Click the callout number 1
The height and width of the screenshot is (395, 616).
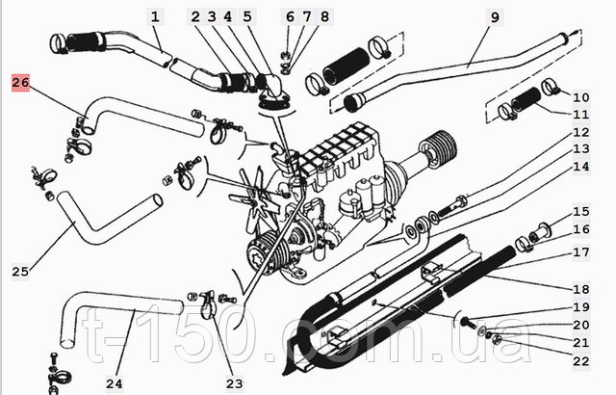(157, 16)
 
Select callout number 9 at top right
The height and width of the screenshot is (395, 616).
(495, 16)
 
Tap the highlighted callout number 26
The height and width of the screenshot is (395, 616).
(21, 84)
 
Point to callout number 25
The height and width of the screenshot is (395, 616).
(20, 271)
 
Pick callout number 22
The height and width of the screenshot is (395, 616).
(580, 360)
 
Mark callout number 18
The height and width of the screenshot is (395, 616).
(580, 288)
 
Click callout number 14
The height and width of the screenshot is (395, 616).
(580, 166)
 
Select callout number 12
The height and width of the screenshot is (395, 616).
(580, 132)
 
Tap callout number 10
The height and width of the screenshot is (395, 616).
(580, 96)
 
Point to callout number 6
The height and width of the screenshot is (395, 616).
(291, 16)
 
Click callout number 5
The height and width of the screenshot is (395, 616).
(246, 16)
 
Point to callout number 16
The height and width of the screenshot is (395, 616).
(580, 228)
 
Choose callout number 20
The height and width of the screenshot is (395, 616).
(580, 325)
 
